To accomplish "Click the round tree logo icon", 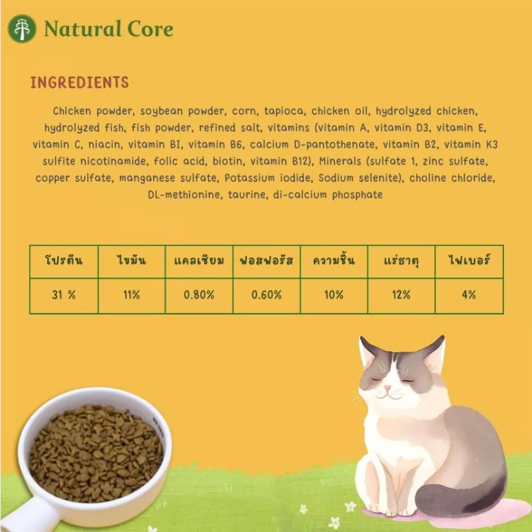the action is coord(22,29).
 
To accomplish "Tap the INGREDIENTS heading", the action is coord(80,82).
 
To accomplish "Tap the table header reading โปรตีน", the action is coord(64,261).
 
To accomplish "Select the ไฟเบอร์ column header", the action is coord(469,261).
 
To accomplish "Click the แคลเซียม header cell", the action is coord(199,261).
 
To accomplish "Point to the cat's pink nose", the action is coord(387,388).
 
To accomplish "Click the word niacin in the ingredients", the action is coord(105,145).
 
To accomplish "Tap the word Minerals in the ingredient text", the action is coord(340,162).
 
